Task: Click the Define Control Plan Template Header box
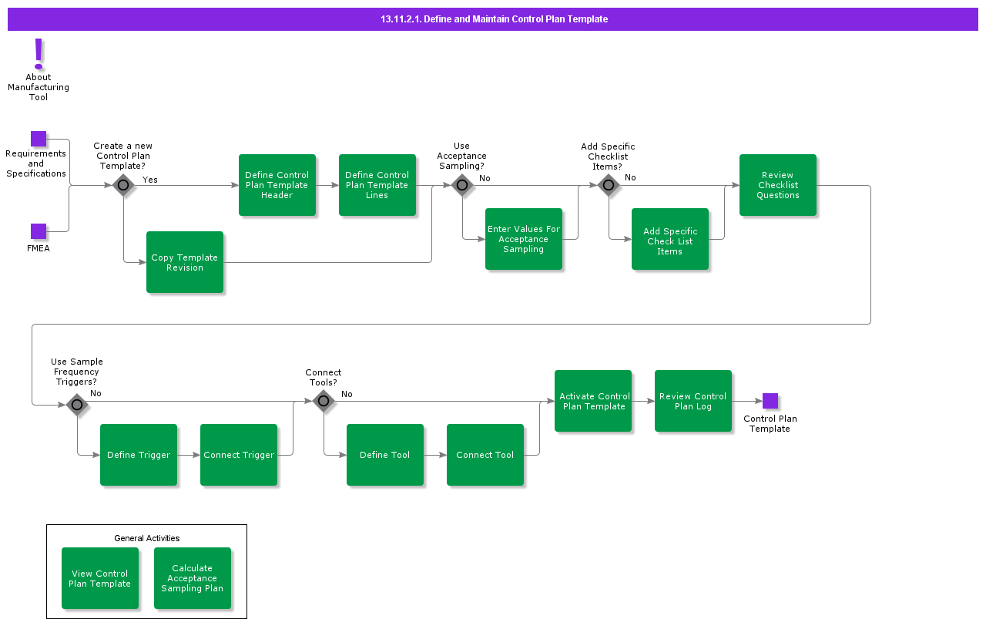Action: click(277, 185)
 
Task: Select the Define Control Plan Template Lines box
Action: click(377, 185)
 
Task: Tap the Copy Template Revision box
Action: click(185, 262)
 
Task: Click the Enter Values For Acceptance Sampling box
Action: click(524, 239)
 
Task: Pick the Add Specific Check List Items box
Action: click(670, 239)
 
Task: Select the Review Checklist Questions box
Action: click(778, 185)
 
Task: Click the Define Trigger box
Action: click(139, 455)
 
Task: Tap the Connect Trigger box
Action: click(239, 455)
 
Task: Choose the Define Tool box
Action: click(385, 455)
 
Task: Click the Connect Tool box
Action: click(485, 455)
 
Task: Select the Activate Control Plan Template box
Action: click(593, 401)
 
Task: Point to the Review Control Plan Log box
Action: click(693, 401)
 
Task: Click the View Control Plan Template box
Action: click(100, 578)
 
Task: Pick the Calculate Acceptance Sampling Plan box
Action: click(193, 578)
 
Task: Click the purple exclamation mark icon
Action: click(39, 54)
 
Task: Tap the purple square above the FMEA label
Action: click(39, 231)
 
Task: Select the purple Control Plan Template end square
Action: click(770, 401)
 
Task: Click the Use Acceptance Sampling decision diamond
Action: click(462, 185)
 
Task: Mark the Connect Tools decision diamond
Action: click(324, 401)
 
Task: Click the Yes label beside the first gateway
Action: click(150, 180)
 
